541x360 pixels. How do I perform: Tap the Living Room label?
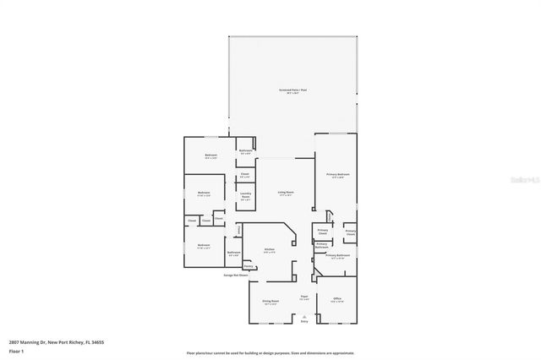pos(286,193)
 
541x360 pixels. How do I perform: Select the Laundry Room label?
pos(245,196)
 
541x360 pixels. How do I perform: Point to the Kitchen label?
pos(269,249)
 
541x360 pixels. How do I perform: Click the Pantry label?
pos(249,267)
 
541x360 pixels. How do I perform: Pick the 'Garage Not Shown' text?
pos(236,275)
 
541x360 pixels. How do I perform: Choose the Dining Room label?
pos(270,301)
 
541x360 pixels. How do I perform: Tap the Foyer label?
pos(304,297)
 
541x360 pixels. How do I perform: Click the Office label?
pos(336,299)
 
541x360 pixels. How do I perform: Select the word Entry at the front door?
pos(304,321)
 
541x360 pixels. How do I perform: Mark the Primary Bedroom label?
pos(337,174)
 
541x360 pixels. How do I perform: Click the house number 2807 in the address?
pos(15,342)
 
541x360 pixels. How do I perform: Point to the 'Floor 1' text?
pos(16,350)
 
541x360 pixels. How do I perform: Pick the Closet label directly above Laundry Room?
pos(244,174)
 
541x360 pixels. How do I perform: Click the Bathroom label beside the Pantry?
pos(234,253)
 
